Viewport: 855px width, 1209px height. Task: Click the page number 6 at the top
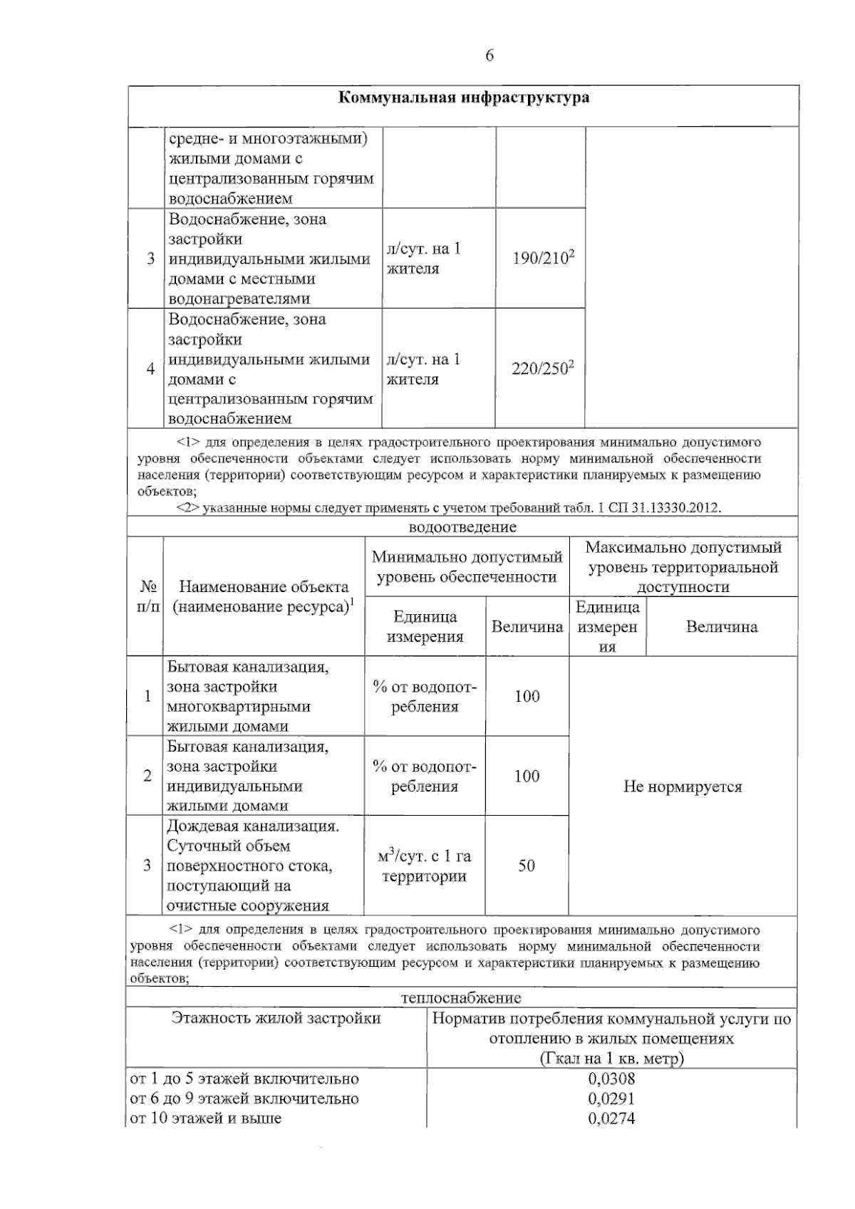point(489,56)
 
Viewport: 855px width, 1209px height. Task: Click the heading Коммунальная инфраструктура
point(463,98)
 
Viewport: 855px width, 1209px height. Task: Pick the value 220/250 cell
point(542,368)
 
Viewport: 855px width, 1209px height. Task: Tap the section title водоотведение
point(462,527)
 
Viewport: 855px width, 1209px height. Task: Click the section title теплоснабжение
point(461,997)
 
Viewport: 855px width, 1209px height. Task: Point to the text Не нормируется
point(683,787)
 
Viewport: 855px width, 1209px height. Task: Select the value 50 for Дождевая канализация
point(527,866)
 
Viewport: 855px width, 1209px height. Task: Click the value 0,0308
point(611,1078)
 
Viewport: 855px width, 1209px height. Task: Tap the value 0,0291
point(611,1098)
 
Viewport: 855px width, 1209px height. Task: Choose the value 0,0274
point(611,1118)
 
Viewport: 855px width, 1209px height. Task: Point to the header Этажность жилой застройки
point(276,1018)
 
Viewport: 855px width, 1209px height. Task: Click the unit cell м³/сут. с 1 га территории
point(425,866)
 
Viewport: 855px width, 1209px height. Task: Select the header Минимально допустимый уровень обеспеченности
point(467,566)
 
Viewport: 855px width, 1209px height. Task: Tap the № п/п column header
point(147,597)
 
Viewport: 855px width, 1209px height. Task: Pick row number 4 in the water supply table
point(150,368)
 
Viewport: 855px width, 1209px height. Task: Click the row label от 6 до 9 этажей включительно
point(244,1098)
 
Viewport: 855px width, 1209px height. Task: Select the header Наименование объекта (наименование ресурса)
point(264,597)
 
